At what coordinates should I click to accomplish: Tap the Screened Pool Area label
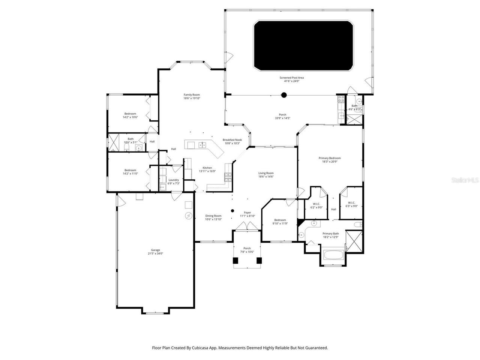pos(291,78)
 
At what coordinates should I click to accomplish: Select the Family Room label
pos(192,95)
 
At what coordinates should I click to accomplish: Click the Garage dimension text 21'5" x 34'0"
pos(155,254)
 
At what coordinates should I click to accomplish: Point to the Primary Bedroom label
pos(330,158)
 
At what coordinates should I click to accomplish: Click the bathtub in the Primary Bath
pos(333,256)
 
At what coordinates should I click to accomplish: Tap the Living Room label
pos(266,173)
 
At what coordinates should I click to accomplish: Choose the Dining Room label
pos(213,216)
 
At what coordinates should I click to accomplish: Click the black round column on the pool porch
pos(284,95)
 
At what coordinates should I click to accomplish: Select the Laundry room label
pos(174,180)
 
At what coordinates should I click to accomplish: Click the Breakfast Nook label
pos(232,140)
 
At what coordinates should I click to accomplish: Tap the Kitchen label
pos(207,168)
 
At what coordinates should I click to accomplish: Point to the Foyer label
pos(247,213)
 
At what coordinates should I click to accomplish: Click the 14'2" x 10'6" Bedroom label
pos(130,114)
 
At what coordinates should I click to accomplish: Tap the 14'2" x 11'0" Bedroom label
pos(130,170)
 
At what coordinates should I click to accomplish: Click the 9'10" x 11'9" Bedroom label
pos(280,220)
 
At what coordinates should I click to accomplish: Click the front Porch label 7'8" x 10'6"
pos(247,248)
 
